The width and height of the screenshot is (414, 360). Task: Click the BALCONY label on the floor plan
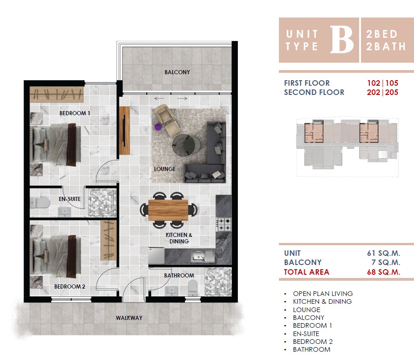coord(177,72)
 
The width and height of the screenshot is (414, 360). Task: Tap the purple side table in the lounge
coord(158,127)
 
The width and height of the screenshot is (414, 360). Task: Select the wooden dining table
coord(168,210)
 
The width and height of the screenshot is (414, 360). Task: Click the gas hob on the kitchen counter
coord(224,224)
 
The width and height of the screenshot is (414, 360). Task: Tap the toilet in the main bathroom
coord(193,288)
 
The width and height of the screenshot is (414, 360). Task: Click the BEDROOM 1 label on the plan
coord(75,113)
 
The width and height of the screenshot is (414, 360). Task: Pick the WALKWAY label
coord(129,318)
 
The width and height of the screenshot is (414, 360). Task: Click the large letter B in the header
coord(342,40)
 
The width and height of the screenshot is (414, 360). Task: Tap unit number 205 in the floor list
coord(391,92)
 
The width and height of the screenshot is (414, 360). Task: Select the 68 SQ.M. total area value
coord(384,272)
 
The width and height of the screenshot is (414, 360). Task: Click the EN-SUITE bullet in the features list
coord(306,334)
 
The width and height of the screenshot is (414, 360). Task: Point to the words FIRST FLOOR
coord(307,83)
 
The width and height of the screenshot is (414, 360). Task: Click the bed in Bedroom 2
coord(55,256)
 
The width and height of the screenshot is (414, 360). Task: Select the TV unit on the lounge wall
coord(124,130)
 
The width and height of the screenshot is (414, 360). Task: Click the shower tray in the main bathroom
coord(218,282)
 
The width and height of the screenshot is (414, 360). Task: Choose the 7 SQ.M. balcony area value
coord(386,262)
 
